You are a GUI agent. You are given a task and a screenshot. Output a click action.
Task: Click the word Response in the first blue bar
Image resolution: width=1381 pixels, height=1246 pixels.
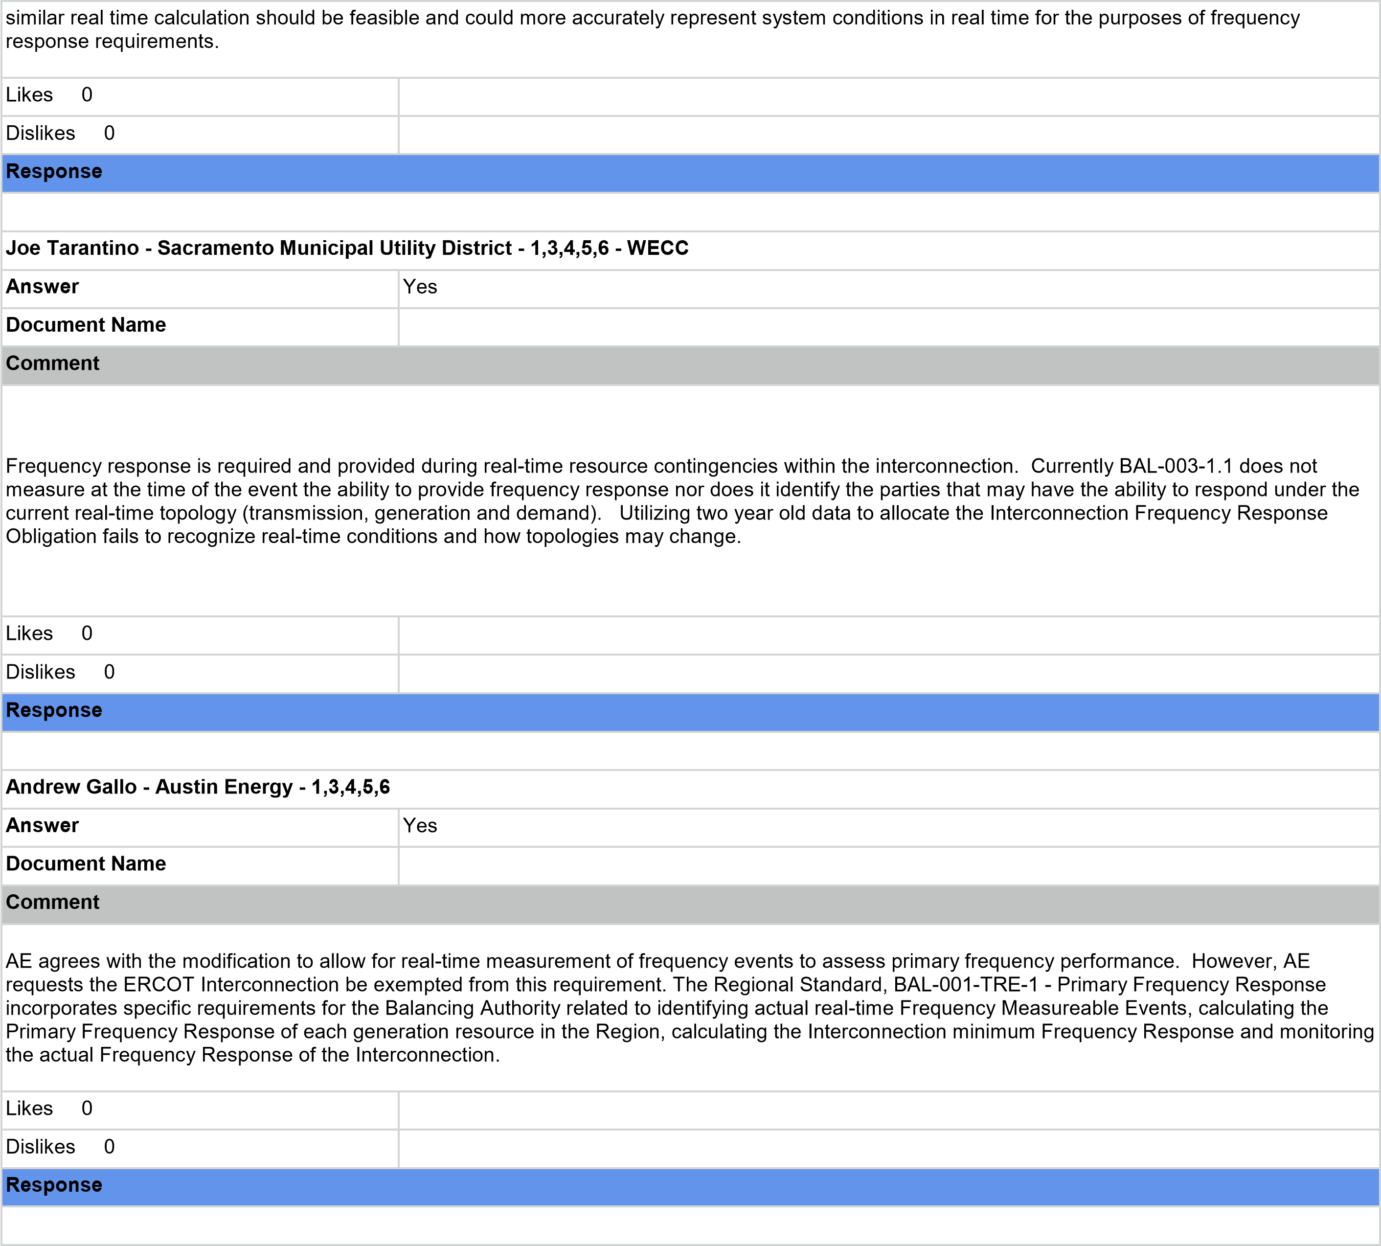54,171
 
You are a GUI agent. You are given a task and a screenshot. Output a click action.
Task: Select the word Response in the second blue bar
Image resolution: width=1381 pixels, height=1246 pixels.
54,710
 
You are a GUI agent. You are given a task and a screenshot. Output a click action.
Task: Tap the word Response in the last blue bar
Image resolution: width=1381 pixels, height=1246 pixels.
54,1184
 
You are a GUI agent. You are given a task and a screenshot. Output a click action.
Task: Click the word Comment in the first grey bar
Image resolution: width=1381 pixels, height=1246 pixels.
53,363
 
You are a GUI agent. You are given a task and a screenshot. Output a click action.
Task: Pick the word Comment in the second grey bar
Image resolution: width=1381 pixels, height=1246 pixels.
53,902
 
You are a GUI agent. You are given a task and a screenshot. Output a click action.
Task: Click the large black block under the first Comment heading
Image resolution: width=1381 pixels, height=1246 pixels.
690,500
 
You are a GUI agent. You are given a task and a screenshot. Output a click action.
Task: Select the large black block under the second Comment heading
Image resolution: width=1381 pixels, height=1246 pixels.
690,1007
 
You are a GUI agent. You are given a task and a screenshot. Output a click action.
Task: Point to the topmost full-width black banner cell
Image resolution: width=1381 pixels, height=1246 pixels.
690,39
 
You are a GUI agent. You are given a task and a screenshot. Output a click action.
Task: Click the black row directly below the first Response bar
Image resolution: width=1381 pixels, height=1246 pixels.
690,212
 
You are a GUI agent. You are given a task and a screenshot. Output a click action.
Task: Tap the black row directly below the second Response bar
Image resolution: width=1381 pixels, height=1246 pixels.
690,751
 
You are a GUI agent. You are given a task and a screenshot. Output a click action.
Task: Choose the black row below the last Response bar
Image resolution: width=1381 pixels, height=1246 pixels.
690,1225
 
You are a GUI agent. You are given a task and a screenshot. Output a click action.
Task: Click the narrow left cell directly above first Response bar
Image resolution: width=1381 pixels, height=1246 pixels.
200,135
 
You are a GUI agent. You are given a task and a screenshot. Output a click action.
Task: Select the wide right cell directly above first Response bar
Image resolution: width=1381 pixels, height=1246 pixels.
889,135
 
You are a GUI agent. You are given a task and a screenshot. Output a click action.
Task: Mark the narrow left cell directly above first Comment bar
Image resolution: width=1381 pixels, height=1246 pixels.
200,327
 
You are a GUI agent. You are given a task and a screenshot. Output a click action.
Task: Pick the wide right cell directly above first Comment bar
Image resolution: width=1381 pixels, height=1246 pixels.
889,327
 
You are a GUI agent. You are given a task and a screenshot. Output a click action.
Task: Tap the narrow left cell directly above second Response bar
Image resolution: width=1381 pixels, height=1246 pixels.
200,674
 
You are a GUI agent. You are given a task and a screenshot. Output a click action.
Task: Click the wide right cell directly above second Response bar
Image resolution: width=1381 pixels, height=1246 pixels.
889,674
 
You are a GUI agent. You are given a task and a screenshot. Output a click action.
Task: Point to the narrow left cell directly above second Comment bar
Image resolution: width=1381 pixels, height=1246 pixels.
200,866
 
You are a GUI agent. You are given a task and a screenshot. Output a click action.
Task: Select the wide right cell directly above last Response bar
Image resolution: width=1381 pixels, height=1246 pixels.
889,1149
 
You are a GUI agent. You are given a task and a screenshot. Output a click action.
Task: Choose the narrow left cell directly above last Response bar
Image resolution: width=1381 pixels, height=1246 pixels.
200,1149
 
